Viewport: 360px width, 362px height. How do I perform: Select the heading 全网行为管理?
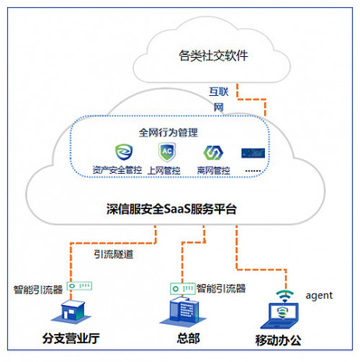pyautogui.click(x=169, y=131)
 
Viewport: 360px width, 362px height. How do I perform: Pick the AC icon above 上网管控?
pyautogui.click(x=166, y=152)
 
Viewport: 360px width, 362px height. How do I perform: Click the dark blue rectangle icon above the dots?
pyautogui.click(x=254, y=153)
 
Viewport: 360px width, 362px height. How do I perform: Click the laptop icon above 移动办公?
pyautogui.click(x=284, y=315)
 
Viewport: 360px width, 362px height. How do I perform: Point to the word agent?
pyautogui.click(x=319, y=295)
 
